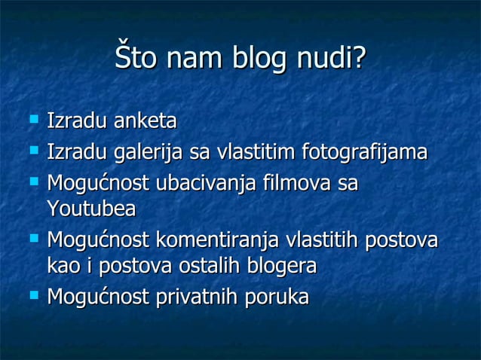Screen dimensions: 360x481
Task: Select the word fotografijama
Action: [364, 153]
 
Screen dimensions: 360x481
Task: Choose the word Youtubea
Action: [91, 209]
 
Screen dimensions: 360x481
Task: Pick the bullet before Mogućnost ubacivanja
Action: [33, 182]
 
